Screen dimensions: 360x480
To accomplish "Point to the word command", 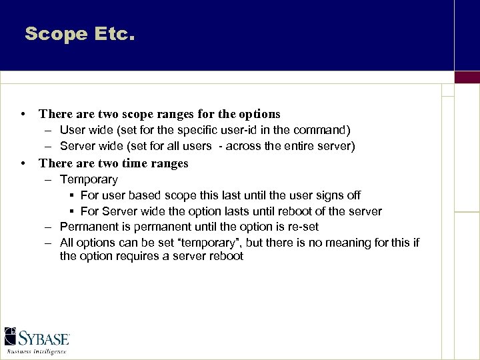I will (x=321, y=130).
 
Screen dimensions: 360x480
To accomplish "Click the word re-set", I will (x=301, y=227).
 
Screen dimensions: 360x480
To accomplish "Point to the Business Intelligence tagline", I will (x=37, y=351).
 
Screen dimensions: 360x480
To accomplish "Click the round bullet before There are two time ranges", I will (x=23, y=163).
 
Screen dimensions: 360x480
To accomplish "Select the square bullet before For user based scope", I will (x=71, y=195).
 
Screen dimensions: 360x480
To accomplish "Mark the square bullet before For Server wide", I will (x=71, y=211).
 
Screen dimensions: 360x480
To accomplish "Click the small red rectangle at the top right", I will (x=467, y=77).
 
